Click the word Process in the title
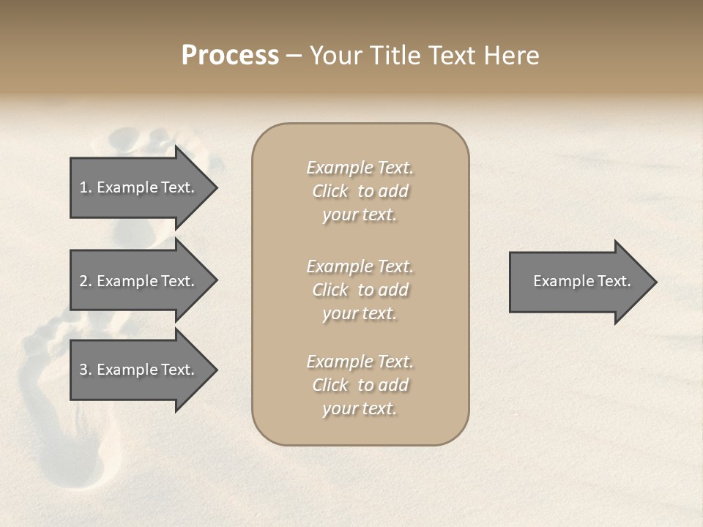click(230, 56)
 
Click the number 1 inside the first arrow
click(83, 187)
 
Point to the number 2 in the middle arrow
click(83, 281)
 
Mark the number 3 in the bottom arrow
click(83, 370)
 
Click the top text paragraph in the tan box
click(360, 191)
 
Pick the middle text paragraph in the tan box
click(360, 290)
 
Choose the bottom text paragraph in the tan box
click(360, 385)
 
